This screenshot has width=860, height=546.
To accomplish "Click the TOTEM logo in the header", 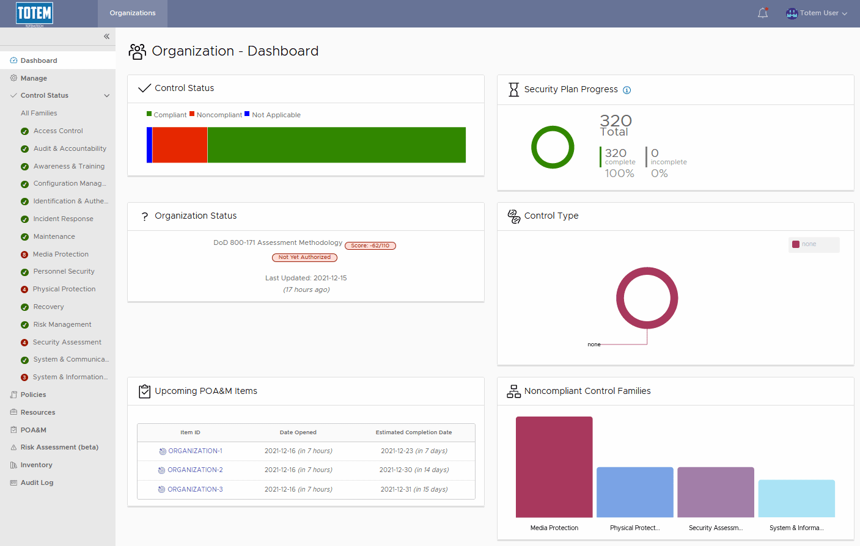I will (35, 13).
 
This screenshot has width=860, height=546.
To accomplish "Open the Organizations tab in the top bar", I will (133, 13).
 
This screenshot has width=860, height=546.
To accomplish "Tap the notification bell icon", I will (762, 13).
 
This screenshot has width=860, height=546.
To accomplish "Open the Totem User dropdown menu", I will (817, 13).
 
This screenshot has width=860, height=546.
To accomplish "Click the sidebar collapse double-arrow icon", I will (106, 37).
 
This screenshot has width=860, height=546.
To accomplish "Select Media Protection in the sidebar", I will (61, 254).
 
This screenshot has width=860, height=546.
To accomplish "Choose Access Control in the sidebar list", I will (58, 131).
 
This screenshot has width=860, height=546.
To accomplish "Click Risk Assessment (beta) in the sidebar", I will (59, 447).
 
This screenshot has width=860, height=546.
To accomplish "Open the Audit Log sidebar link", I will (37, 482).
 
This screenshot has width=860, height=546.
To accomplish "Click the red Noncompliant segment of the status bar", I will (180, 145).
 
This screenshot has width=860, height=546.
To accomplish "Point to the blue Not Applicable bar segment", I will (149, 145).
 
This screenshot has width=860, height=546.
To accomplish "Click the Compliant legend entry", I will (167, 115).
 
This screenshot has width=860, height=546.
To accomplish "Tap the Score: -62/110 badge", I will (370, 246).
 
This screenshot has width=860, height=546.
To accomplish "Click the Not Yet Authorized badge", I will (304, 257).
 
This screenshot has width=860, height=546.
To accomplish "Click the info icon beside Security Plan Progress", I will (627, 90).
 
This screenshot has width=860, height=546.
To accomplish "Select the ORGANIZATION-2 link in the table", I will (195, 470).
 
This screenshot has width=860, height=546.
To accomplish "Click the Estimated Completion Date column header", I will (414, 432).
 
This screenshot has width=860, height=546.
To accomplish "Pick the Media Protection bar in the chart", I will (554, 467).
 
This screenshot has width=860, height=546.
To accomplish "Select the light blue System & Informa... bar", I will (796, 498).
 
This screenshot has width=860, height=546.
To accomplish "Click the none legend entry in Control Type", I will (808, 244).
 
